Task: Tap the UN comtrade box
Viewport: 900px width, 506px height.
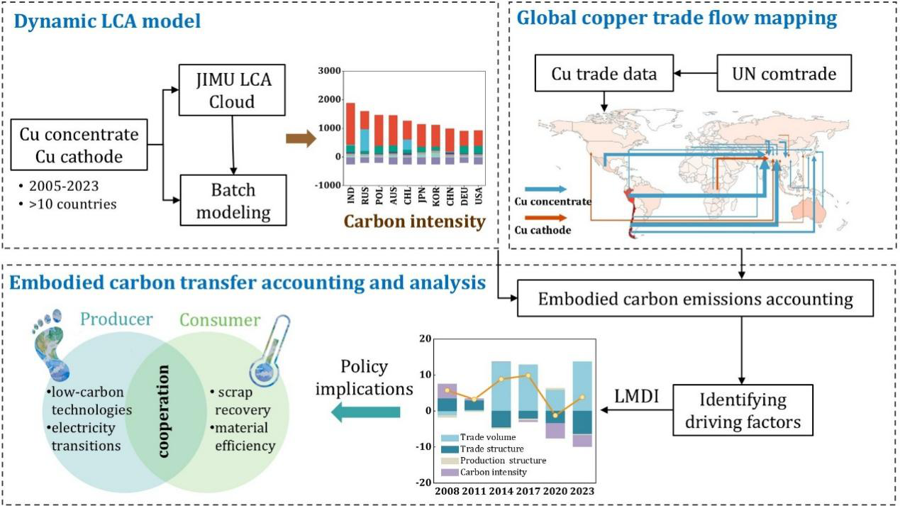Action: click(x=784, y=73)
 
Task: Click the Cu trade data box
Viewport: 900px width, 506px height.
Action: click(x=613, y=73)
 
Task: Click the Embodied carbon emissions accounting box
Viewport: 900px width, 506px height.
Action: click(x=695, y=298)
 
